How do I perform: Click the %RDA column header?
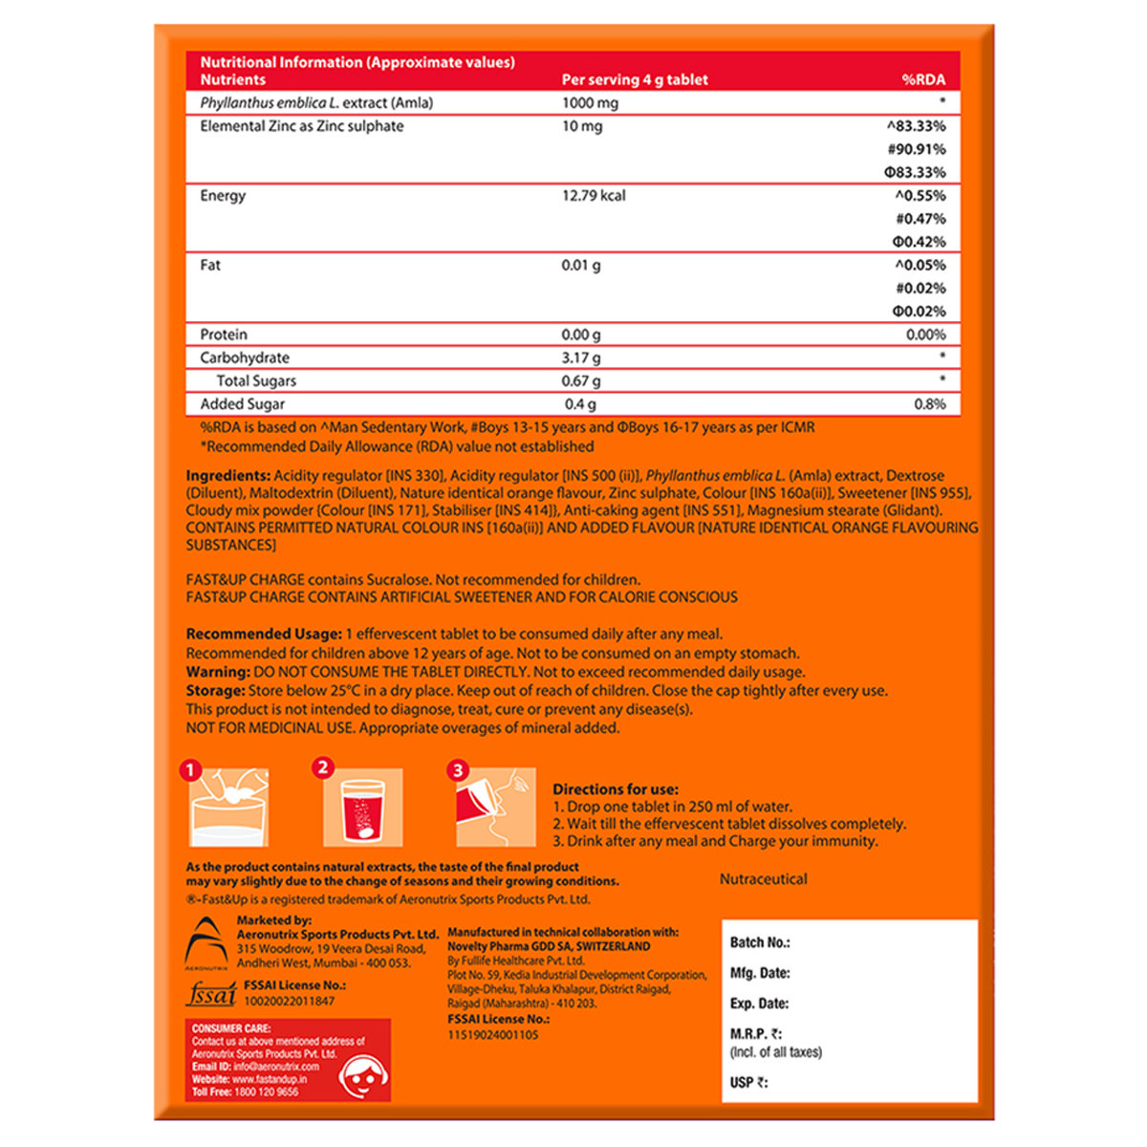click(x=922, y=80)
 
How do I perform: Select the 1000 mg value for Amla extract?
click(x=590, y=103)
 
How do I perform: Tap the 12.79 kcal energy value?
click(x=594, y=196)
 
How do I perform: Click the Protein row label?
click(x=224, y=335)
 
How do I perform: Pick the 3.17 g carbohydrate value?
click(x=581, y=357)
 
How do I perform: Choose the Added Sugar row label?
click(x=242, y=404)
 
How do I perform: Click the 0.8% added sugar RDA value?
click(x=929, y=404)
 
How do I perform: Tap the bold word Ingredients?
click(x=227, y=476)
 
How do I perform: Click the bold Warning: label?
click(x=217, y=672)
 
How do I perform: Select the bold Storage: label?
click(x=215, y=690)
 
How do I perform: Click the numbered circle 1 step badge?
click(x=192, y=770)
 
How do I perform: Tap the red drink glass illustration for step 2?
click(x=364, y=811)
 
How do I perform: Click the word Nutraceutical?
click(x=763, y=879)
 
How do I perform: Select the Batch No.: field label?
click(x=760, y=942)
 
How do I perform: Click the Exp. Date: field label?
click(x=759, y=1004)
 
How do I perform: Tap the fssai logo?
click(x=209, y=994)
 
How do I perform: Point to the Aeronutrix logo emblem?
click(x=207, y=941)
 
